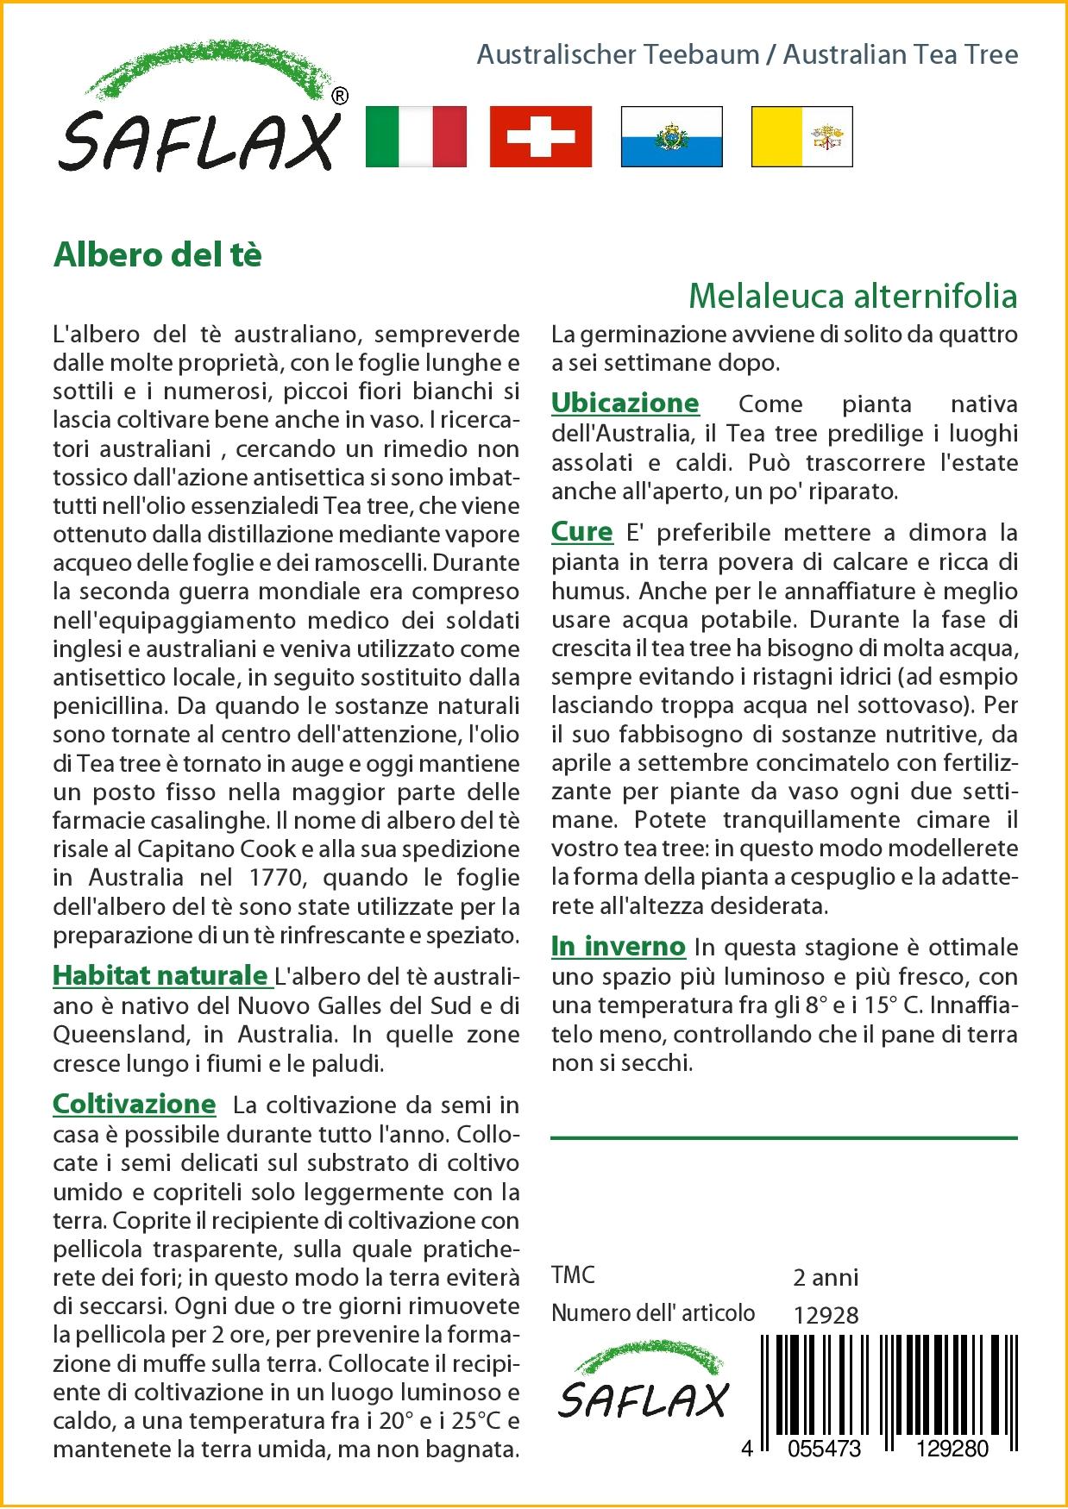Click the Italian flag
click(416, 136)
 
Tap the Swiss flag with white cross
click(541, 136)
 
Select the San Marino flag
click(671, 136)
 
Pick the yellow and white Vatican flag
click(801, 136)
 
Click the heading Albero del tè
click(157, 255)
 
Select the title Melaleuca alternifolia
click(852, 296)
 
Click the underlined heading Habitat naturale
click(161, 975)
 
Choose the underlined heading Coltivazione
click(134, 1104)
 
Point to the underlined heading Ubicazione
click(625, 403)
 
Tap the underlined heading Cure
click(581, 532)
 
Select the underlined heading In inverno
click(618, 947)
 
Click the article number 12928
click(826, 1314)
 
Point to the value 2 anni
click(826, 1276)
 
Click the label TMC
click(573, 1275)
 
